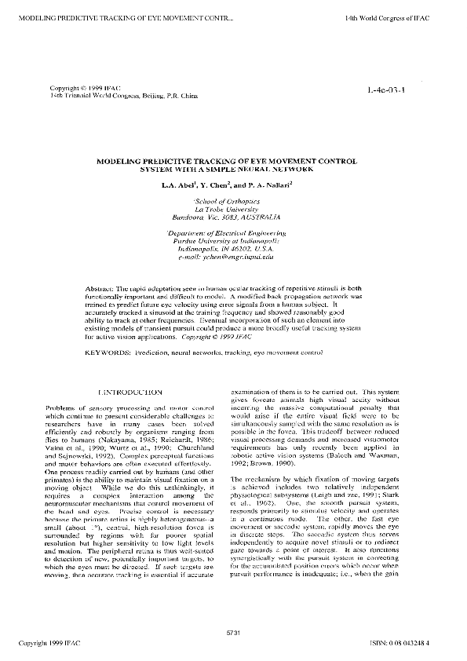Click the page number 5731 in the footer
[233, 633]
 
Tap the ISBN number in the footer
[422, 643]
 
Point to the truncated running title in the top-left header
[117, 5]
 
